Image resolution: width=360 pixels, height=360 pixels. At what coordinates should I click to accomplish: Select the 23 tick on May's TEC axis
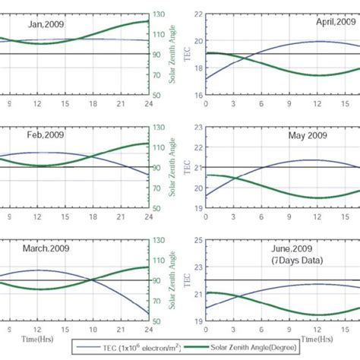point(197,127)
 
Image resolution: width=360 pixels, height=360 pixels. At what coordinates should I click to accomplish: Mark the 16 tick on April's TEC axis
point(197,96)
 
